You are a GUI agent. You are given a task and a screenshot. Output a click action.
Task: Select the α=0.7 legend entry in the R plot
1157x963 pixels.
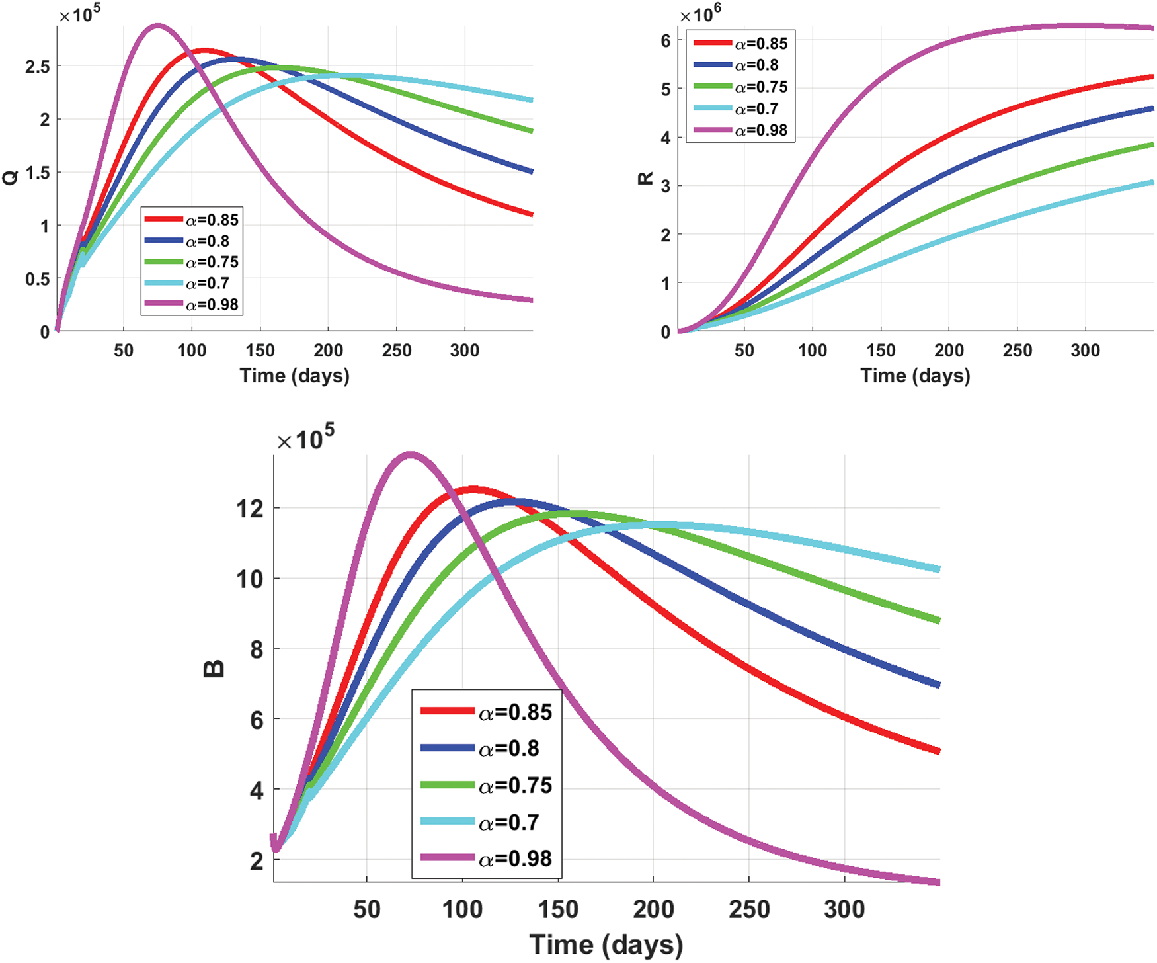tap(756, 108)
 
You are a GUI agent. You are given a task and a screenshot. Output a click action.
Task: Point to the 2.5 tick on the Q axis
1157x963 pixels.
tap(37, 66)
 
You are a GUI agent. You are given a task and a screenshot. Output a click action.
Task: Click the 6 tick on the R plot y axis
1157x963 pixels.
tap(665, 41)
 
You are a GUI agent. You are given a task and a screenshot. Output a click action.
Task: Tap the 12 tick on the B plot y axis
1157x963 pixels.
tap(250, 508)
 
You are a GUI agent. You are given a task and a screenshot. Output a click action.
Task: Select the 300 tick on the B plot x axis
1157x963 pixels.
tap(844, 910)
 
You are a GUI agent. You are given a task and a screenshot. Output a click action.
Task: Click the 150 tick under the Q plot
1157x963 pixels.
tap(260, 351)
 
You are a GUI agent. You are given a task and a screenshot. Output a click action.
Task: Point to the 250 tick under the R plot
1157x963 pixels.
tap(1017, 351)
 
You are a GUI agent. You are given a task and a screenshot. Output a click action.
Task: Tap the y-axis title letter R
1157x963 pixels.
tap(645, 178)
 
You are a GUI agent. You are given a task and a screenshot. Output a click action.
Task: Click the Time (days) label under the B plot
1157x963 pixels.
tap(606, 944)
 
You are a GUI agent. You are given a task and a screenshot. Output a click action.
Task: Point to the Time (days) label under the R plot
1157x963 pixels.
tap(915, 376)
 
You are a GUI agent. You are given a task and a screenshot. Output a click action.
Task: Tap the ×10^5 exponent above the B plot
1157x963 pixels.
tap(305, 438)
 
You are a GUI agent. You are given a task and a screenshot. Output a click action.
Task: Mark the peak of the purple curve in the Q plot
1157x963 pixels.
tap(157, 26)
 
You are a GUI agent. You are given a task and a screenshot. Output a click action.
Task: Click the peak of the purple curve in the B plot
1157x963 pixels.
tap(411, 454)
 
